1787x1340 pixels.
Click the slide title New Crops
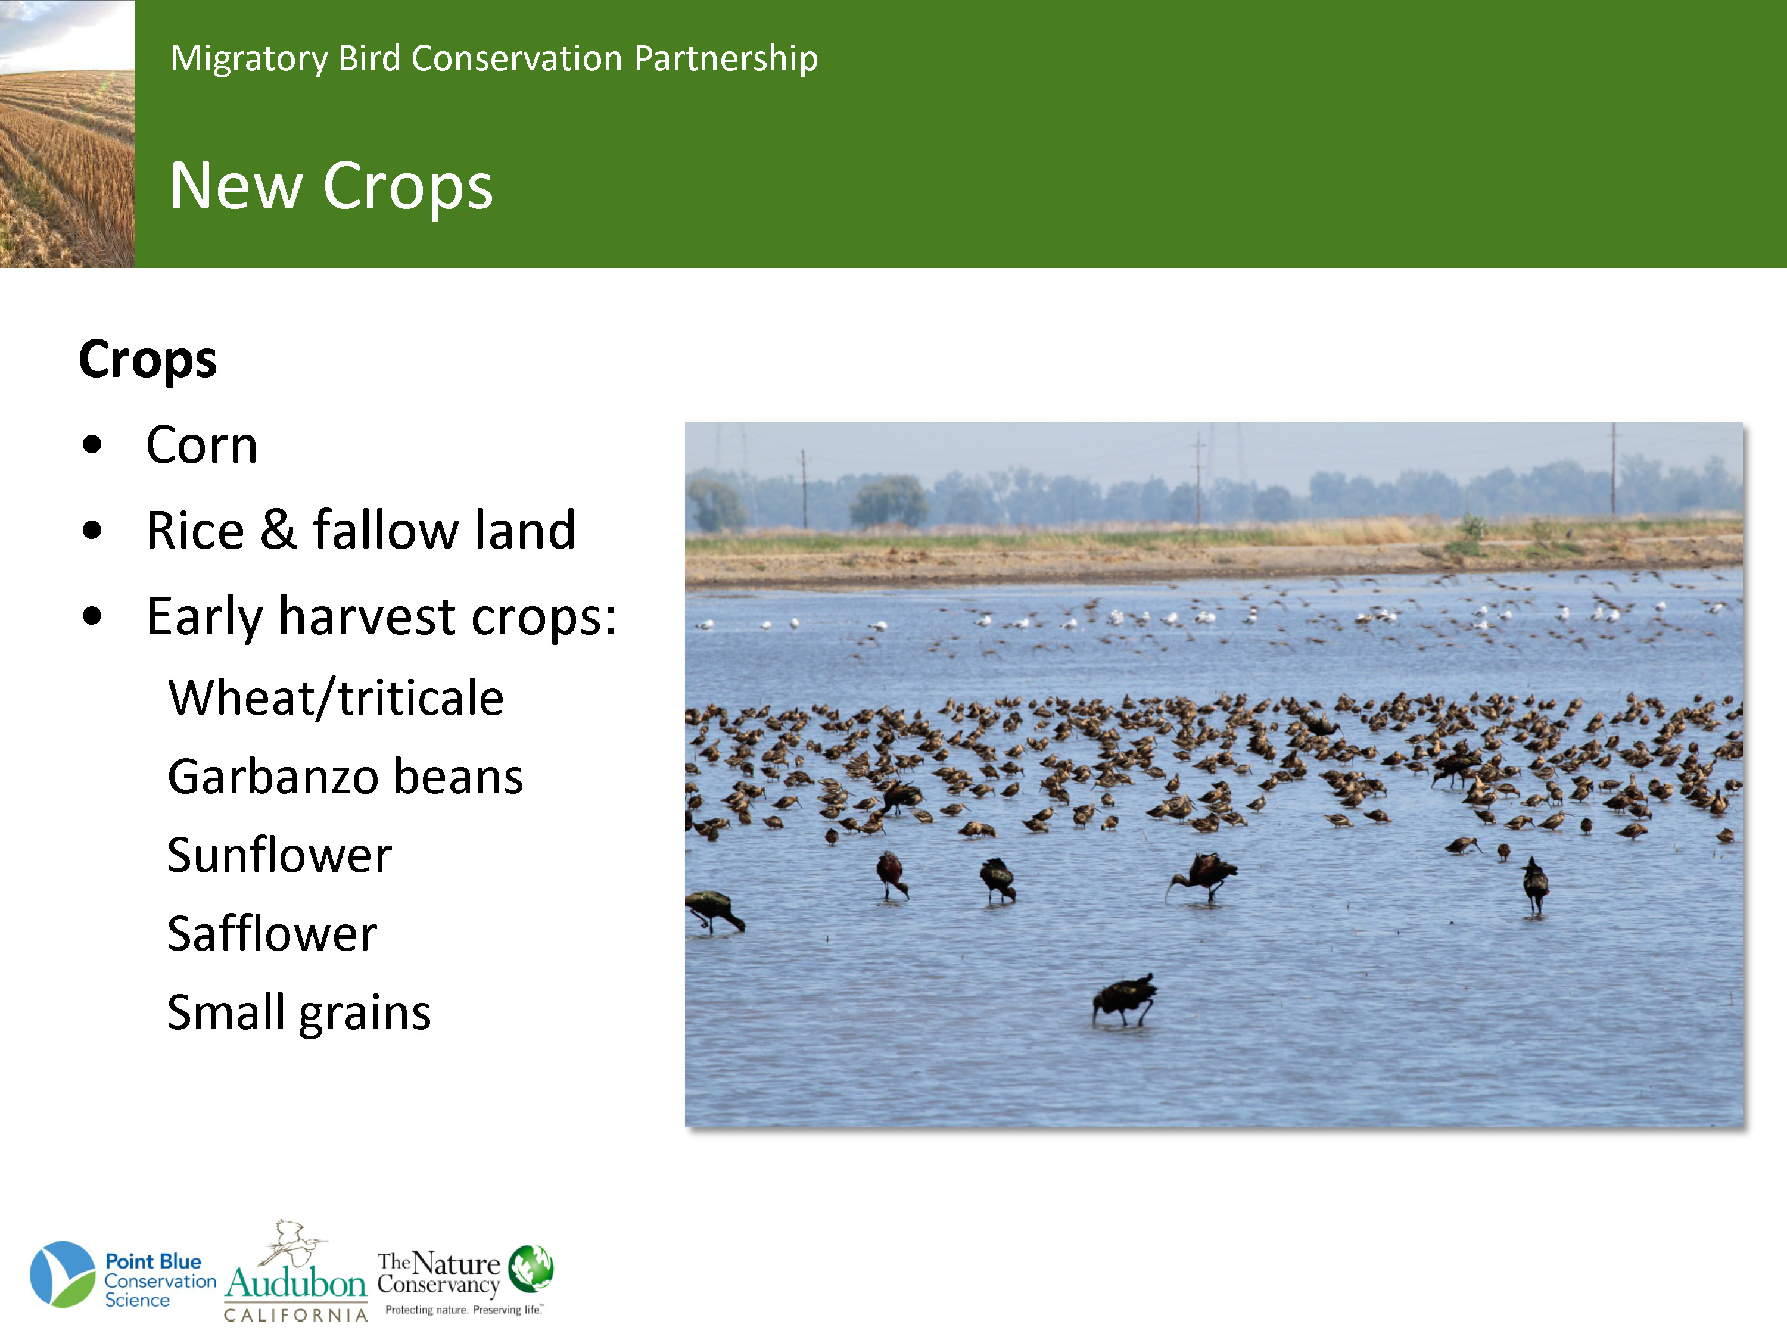point(331,186)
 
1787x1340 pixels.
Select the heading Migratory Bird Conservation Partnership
point(494,59)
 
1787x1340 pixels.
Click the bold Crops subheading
point(148,360)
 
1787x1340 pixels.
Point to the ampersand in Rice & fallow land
point(279,530)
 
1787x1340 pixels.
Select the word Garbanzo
point(273,777)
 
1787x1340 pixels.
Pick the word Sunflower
point(279,855)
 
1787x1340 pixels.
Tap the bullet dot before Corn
point(92,445)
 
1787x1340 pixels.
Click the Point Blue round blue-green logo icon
point(62,1274)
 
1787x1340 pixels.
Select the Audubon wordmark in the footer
point(297,1282)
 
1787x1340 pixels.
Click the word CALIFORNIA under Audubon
point(295,1315)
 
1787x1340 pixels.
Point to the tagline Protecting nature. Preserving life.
point(463,1309)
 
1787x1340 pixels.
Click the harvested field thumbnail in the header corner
point(67,133)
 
